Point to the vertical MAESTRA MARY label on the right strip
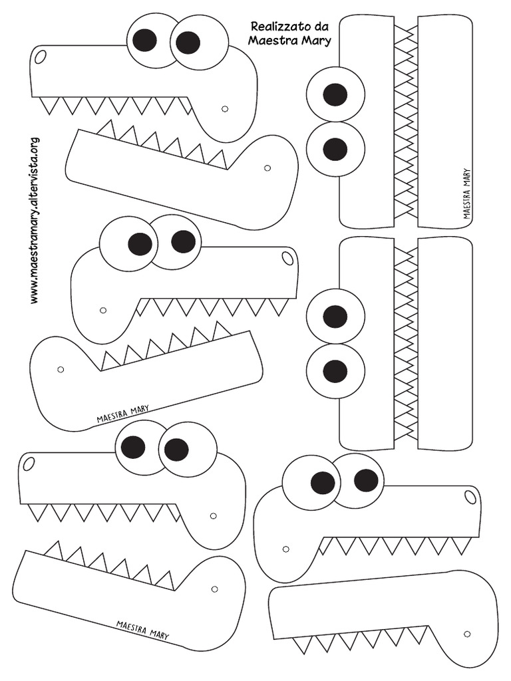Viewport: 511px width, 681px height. (467, 194)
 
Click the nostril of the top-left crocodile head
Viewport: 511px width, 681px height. (40, 57)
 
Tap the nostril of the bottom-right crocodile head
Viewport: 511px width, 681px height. (470, 497)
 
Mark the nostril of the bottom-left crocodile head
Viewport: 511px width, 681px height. (29, 464)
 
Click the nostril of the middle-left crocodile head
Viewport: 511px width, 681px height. (287, 257)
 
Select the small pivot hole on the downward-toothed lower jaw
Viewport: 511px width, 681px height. (467, 634)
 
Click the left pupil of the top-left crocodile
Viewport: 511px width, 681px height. (144, 40)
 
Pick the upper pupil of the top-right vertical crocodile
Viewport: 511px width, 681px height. (335, 94)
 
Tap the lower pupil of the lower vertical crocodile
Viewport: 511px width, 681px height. (335, 368)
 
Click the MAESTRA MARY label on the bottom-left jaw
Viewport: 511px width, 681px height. (142, 630)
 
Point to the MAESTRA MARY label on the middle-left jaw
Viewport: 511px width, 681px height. (123, 414)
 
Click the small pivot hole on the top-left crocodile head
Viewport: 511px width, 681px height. (225, 109)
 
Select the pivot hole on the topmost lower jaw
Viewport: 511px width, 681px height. (267, 168)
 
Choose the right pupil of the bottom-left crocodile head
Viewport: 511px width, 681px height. (176, 450)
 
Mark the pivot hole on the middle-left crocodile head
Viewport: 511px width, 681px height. (102, 310)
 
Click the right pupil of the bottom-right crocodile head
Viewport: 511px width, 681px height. (366, 479)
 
